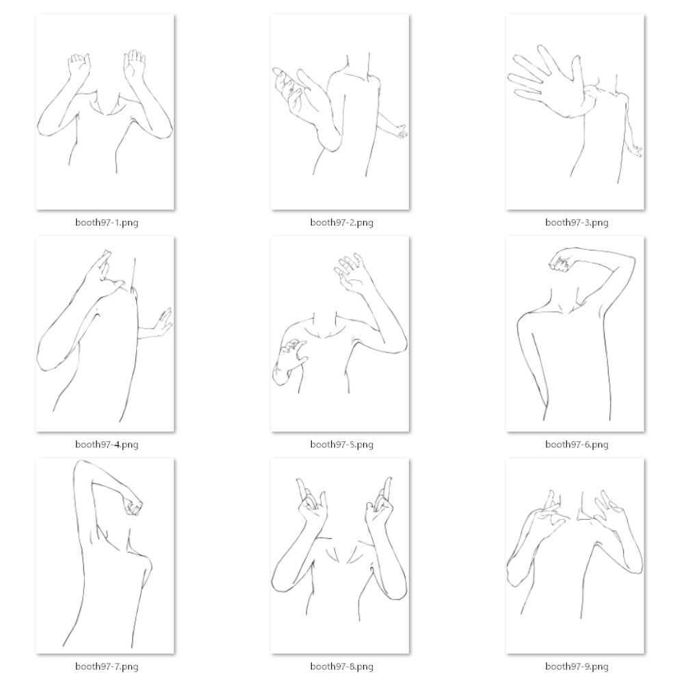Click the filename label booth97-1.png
(107, 222)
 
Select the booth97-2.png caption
(341, 222)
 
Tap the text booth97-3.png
(577, 222)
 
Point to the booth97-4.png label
(107, 445)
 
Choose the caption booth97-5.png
(341, 445)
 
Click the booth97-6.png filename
(577, 445)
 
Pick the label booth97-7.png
(107, 666)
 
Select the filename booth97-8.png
(341, 666)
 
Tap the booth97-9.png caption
(577, 666)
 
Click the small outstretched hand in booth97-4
(162, 323)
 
